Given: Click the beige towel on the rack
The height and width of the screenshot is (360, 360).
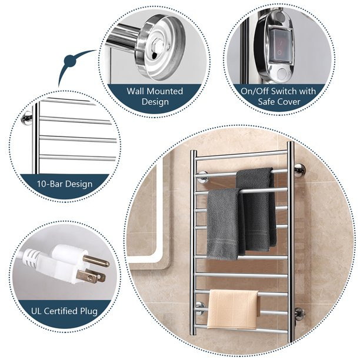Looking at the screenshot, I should pos(233,307).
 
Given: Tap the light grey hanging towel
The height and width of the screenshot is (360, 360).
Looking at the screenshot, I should pos(225,224).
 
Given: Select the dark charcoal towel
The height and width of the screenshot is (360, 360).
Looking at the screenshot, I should pos(256,206).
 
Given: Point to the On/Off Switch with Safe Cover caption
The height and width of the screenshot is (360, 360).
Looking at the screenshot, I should pos(278,96).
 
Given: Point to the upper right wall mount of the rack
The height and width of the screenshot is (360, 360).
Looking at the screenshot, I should pos(299,171).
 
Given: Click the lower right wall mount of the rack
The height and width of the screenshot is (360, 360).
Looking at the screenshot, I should pos(299,312).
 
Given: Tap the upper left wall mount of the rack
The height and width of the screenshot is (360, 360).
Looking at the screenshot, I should pos(202,175).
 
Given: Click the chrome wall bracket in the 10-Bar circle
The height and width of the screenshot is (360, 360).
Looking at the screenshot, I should pos(27,118).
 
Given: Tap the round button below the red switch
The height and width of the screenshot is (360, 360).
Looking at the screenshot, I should pos(281,74).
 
